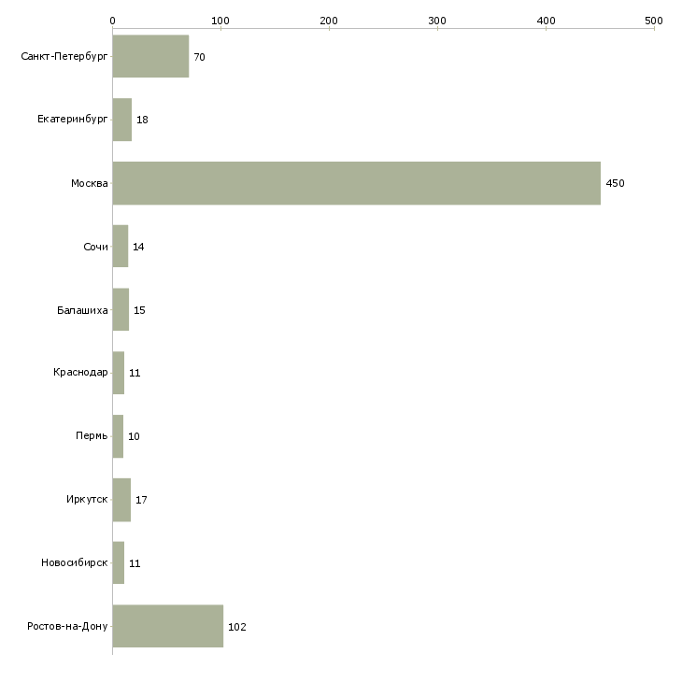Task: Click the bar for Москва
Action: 357,183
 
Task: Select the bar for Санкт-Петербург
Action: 150,56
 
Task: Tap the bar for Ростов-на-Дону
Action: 168,626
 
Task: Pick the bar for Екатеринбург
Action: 122,120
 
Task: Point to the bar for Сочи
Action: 121,247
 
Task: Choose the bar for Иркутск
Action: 121,500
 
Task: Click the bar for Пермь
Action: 118,436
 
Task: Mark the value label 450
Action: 615,183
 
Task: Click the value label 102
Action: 237,627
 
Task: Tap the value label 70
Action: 199,57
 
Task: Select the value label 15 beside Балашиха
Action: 139,310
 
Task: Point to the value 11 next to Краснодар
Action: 135,373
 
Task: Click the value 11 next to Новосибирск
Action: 135,563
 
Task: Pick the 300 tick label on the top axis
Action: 437,21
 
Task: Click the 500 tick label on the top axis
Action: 654,21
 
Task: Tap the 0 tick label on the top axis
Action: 113,21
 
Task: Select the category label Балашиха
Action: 82,310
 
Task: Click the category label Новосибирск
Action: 75,562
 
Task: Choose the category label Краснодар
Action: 80,372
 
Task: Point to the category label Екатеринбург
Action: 72,119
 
